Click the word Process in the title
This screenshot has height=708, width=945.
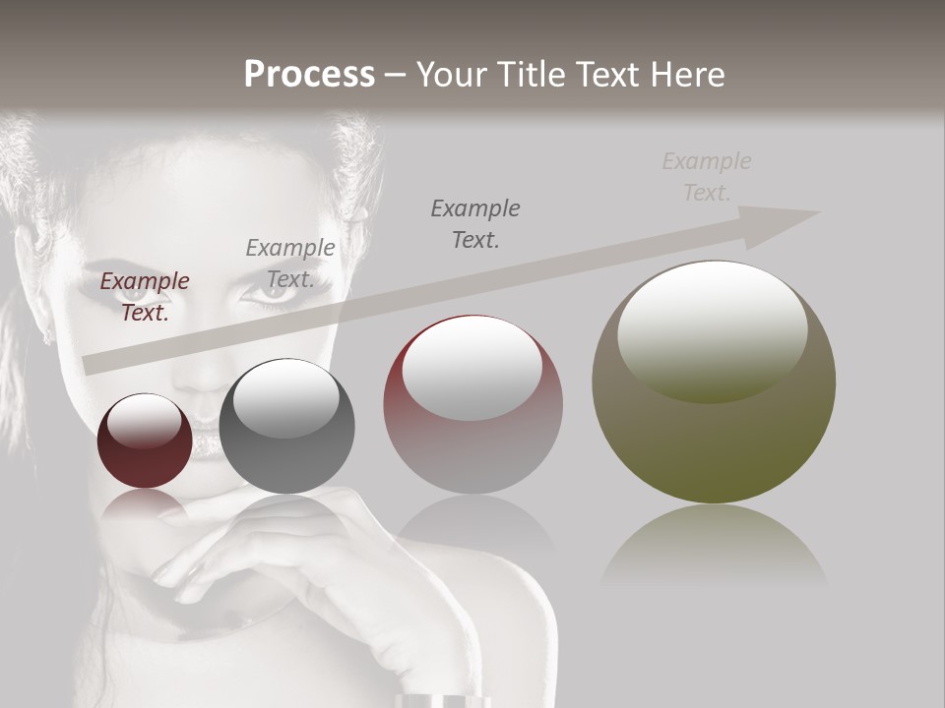click(x=309, y=74)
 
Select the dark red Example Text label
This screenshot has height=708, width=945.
click(x=145, y=296)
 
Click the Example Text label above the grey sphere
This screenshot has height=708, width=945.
click(x=290, y=263)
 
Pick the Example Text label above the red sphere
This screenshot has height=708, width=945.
click(x=475, y=223)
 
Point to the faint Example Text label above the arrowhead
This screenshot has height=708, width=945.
click(x=707, y=176)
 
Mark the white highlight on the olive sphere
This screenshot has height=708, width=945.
click(x=712, y=329)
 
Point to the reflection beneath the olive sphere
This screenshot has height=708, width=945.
click(x=714, y=546)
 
